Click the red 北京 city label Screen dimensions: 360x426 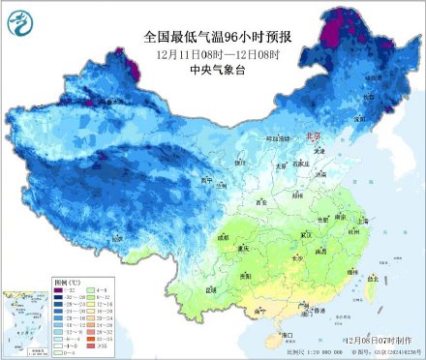[311, 136]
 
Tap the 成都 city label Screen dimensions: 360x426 [226, 235]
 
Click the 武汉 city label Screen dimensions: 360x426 [308, 236]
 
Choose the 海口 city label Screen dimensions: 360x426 [287, 335]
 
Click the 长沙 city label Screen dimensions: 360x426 [298, 258]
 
